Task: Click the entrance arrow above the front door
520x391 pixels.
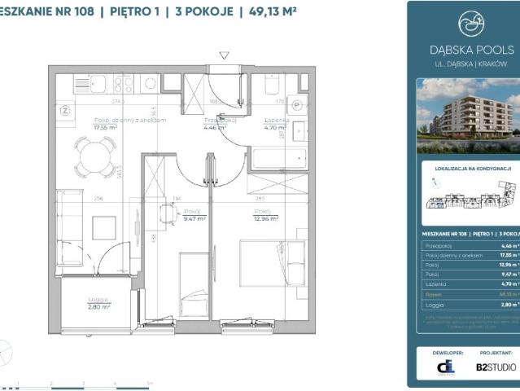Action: pyautogui.click(x=225, y=55)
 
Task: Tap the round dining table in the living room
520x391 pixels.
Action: pyautogui.click(x=95, y=152)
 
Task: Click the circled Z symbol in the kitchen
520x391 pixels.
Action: pyautogui.click(x=66, y=110)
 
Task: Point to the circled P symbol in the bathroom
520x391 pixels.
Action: pyautogui.click(x=298, y=106)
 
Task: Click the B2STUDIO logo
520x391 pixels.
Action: pyautogui.click(x=496, y=367)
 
